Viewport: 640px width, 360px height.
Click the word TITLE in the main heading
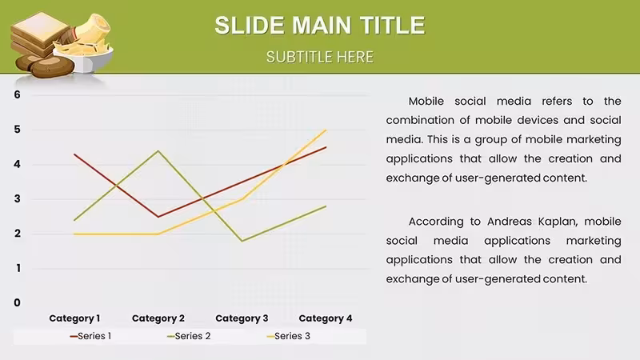click(393, 25)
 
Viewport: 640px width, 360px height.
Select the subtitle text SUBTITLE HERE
click(319, 57)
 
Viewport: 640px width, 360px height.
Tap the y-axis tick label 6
click(17, 94)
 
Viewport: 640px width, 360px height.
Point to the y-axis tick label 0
click(17, 302)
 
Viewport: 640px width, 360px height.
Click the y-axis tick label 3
click(17, 198)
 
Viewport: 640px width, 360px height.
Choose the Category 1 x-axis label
click(74, 318)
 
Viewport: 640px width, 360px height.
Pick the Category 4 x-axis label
click(326, 318)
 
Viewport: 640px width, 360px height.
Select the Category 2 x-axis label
click(158, 318)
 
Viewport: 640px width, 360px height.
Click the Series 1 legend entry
click(90, 336)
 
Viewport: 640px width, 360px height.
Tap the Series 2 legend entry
click(189, 336)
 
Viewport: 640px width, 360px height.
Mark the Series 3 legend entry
click(289, 336)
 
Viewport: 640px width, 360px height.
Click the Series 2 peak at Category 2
click(158, 151)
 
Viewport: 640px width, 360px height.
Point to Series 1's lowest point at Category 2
click(158, 217)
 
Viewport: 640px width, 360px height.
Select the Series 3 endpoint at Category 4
click(326, 130)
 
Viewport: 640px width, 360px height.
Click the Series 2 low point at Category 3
click(242, 241)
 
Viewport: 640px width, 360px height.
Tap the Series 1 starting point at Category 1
click(74, 154)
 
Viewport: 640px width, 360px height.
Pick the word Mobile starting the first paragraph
click(426, 102)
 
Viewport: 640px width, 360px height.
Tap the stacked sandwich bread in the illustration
click(38, 34)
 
